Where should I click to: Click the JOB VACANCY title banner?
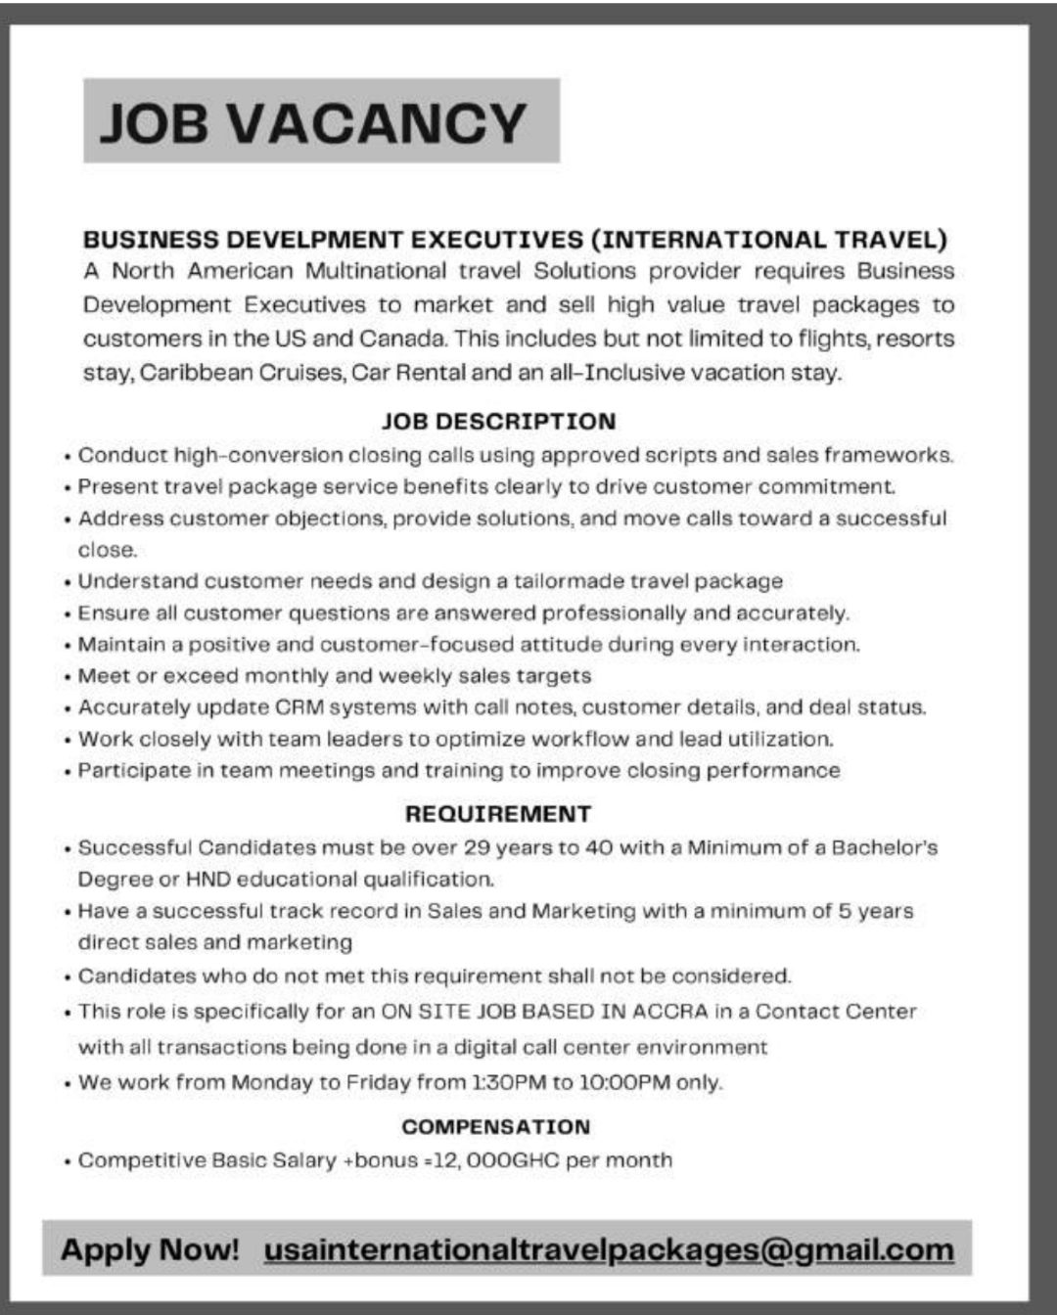click(321, 121)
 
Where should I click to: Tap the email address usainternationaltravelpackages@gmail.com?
click(609, 1249)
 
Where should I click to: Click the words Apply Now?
click(150, 1249)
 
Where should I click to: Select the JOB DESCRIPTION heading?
click(498, 422)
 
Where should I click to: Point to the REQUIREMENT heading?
click(498, 814)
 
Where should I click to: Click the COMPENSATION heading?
click(495, 1127)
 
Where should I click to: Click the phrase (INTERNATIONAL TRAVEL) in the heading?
click(769, 240)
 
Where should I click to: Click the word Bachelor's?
click(885, 847)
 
